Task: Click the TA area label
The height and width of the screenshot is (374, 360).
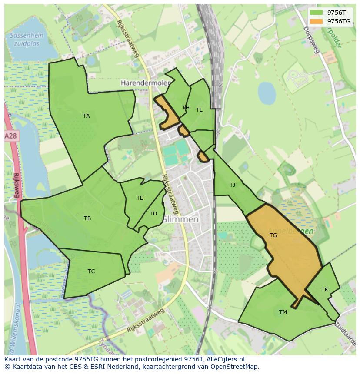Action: tap(86, 116)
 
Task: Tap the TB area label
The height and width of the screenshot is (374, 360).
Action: tap(87, 218)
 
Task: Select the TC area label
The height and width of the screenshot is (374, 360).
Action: tap(91, 271)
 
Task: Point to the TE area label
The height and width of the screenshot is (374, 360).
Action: tap(140, 198)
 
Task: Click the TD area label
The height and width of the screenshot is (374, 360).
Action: tap(153, 214)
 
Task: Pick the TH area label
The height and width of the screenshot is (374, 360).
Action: tap(186, 108)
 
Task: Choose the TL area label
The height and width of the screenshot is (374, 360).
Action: tap(199, 110)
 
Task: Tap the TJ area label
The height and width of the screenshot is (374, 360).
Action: tap(232, 185)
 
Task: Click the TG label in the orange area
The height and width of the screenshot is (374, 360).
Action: tap(273, 235)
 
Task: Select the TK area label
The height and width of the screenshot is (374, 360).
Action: tap(325, 290)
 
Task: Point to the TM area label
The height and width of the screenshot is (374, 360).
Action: tap(283, 312)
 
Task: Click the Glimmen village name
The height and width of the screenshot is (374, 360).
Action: tap(180, 220)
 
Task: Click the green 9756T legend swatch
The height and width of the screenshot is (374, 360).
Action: tap(316, 13)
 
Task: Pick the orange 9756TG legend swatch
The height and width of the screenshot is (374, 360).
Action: tap(316, 21)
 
